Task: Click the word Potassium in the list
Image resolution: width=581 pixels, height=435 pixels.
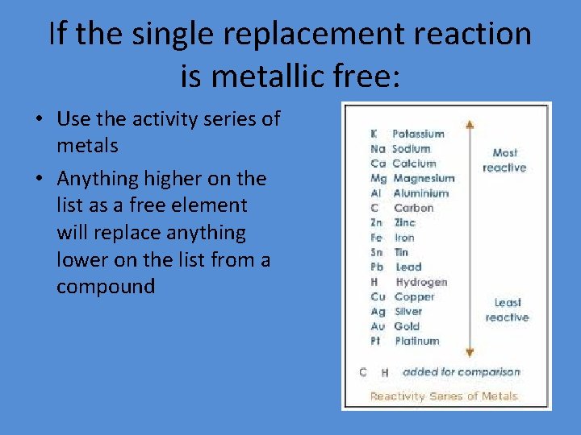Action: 418,134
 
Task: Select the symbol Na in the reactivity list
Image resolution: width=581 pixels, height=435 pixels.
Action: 378,149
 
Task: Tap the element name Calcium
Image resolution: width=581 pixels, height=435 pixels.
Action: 413,164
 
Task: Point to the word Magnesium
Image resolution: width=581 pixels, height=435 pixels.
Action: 424,178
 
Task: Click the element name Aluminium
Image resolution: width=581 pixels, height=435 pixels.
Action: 420,193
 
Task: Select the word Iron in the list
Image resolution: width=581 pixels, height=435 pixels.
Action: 404,238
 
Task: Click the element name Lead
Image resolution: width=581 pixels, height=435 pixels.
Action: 408,267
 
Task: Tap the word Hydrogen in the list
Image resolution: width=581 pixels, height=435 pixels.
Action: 421,282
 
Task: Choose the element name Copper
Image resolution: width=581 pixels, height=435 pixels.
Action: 415,296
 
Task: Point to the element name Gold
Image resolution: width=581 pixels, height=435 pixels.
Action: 407,326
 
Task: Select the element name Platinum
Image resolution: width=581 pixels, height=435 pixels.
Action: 417,341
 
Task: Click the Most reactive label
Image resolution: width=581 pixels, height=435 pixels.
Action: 504,159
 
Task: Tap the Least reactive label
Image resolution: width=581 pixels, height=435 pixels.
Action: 507,309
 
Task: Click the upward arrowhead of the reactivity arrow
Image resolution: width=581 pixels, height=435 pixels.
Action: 470,125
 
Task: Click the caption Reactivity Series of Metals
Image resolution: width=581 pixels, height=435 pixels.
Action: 443,396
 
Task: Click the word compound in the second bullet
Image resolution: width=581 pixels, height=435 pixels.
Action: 105,287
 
